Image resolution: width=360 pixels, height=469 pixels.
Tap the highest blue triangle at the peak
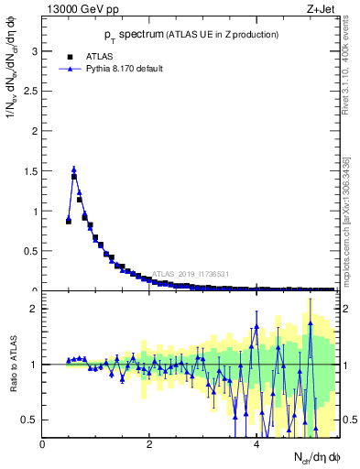pos(74,169)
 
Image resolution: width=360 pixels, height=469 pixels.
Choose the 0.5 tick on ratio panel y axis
pos(32,420)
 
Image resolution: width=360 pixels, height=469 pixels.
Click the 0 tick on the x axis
pos(42,445)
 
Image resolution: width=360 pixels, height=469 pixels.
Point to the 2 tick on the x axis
pos(149,445)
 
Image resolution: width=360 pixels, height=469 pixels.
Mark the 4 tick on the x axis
pos(256,445)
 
